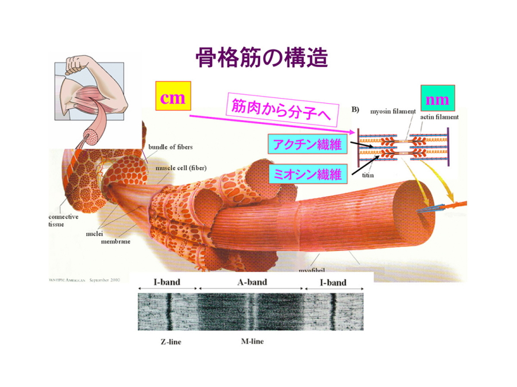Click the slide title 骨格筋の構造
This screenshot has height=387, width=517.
(x=261, y=58)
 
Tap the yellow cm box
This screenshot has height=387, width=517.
(x=173, y=98)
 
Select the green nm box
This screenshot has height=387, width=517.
(x=438, y=100)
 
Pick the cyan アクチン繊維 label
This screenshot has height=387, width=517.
(x=308, y=144)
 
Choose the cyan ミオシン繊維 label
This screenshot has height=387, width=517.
(x=307, y=174)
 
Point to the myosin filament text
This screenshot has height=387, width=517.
(x=393, y=111)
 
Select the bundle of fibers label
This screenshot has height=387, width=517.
(x=171, y=147)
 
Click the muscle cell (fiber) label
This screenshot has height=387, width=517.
(x=181, y=168)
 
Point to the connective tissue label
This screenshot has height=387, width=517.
(x=63, y=221)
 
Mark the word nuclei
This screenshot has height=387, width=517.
(x=94, y=234)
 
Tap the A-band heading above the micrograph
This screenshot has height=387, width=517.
(x=252, y=282)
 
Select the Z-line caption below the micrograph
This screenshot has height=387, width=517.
(x=171, y=342)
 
